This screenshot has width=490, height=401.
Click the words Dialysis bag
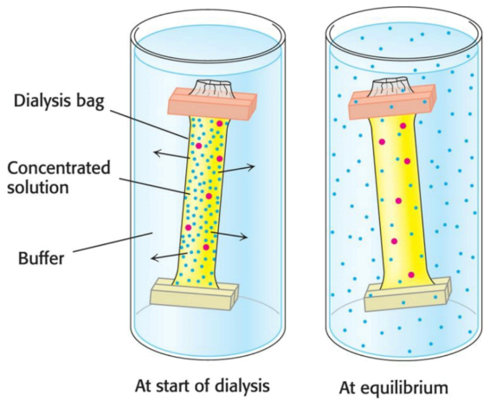(59, 102)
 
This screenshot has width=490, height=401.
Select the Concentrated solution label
(59, 178)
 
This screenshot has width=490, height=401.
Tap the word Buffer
(42, 258)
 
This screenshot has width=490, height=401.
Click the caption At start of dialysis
(203, 385)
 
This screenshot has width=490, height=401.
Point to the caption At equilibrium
(394, 387)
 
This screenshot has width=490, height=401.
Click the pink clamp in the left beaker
(212, 104)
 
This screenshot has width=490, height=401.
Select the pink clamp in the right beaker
(392, 101)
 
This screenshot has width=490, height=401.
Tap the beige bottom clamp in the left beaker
(195, 294)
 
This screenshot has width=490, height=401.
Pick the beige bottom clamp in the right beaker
(408, 294)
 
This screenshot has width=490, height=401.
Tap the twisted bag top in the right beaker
(391, 87)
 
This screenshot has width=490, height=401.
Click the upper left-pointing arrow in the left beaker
(172, 155)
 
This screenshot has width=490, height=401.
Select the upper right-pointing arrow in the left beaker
(236, 169)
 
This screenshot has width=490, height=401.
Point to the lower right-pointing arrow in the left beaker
(229, 235)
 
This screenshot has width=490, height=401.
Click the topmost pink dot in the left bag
(220, 124)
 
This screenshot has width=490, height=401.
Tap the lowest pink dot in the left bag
(206, 247)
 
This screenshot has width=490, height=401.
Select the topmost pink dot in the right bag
(403, 126)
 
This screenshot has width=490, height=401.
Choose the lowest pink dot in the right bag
(411, 275)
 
